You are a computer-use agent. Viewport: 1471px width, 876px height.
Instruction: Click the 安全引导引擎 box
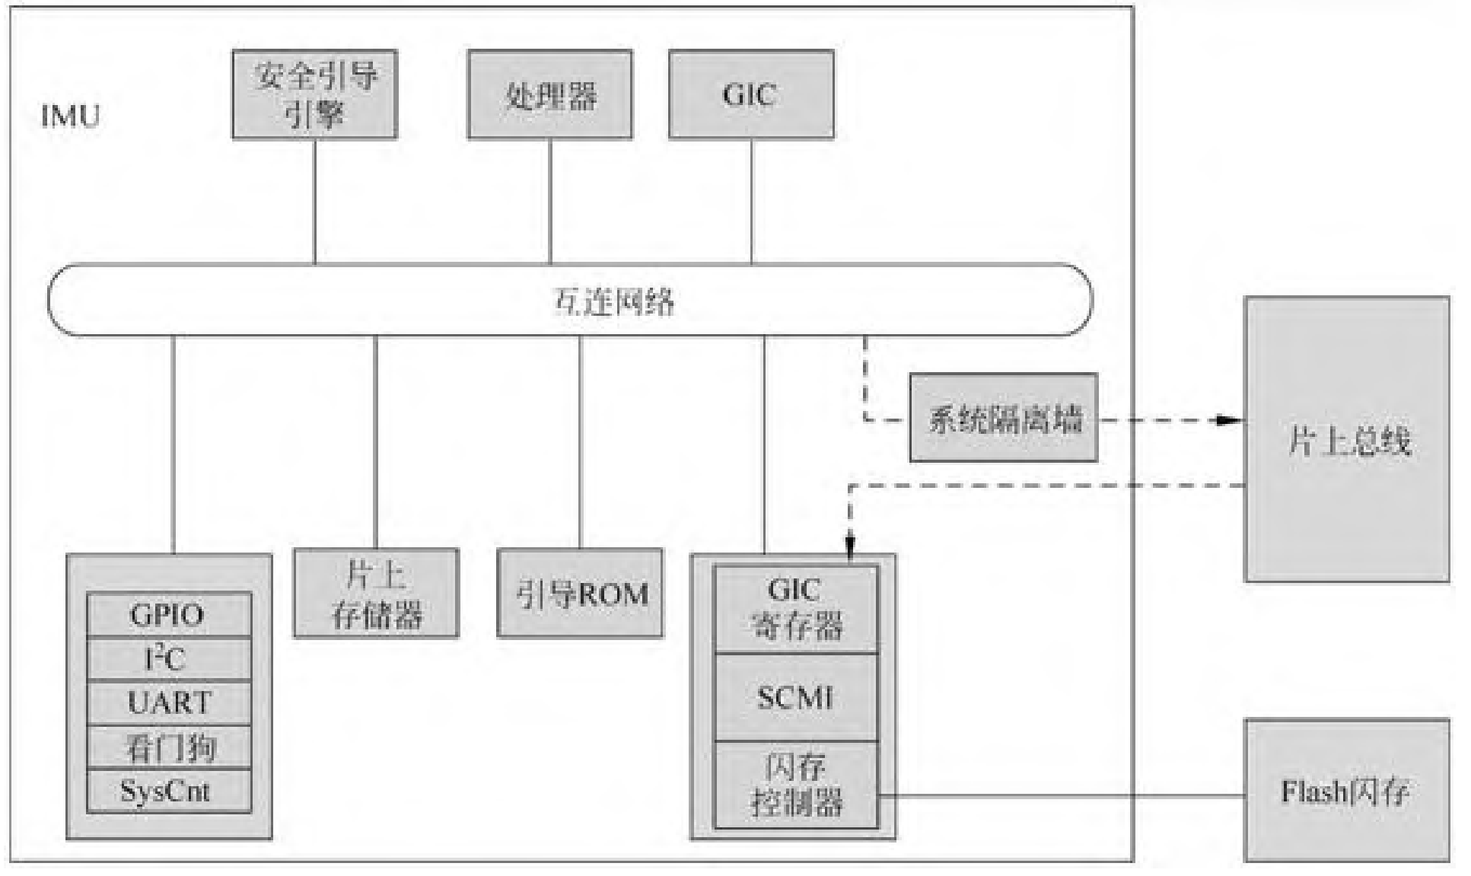pos(314,94)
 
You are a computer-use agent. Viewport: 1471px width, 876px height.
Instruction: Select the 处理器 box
pos(549,94)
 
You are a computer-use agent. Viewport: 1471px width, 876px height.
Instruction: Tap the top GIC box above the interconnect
pos(750,94)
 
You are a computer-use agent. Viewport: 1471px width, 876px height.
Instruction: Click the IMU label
pos(70,116)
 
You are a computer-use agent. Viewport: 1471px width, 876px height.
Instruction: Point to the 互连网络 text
pos(613,301)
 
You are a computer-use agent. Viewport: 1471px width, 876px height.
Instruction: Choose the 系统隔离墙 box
pos(1003,418)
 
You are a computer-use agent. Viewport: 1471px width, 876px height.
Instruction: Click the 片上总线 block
pos(1346,439)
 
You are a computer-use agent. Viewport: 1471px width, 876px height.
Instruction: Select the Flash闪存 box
pos(1346,791)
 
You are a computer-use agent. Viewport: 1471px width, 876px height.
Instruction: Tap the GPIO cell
pos(168,614)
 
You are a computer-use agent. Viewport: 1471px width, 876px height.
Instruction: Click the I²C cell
pos(168,658)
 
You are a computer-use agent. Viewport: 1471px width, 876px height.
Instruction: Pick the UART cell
pos(168,702)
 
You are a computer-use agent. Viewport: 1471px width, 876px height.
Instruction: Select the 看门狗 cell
pos(168,747)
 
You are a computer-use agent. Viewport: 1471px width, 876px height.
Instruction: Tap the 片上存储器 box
pos(376,594)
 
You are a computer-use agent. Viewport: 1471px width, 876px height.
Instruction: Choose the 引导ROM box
pos(580,594)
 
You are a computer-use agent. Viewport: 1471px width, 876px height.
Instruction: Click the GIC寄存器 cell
pos(796,609)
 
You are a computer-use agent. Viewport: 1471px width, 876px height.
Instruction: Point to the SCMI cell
pos(796,697)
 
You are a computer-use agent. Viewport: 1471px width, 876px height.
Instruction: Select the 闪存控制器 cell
pos(796,785)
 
